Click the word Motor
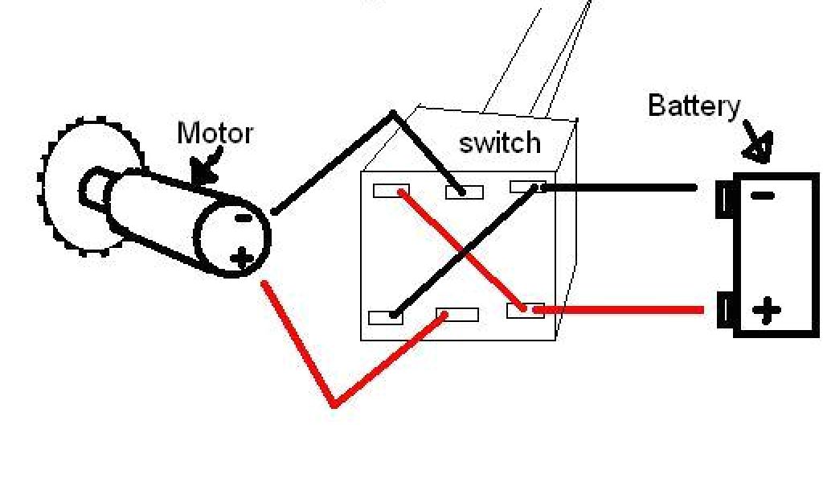(215, 134)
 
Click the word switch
(499, 143)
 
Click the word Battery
(694, 106)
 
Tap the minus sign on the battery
(764, 195)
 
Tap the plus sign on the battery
(767, 309)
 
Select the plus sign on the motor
(241, 258)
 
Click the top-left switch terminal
(391, 191)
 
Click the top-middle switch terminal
(464, 192)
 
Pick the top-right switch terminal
(528, 188)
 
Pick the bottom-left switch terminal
(386, 316)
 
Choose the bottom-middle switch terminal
(457, 314)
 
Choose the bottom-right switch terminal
(525, 309)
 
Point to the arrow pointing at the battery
(759, 140)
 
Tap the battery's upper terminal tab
(725, 199)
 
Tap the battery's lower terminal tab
(726, 311)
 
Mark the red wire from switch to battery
(619, 309)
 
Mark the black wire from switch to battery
(619, 188)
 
